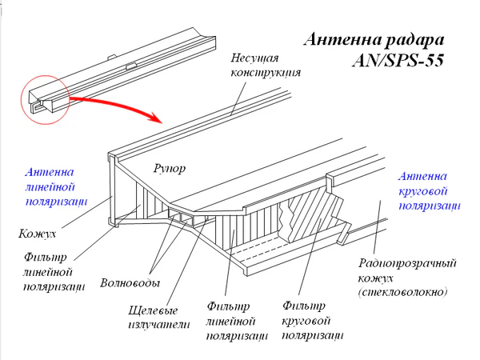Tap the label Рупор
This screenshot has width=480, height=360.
tap(169, 168)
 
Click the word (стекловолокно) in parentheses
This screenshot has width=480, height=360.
tap(404, 293)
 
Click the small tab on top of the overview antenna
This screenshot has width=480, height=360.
tap(130, 60)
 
